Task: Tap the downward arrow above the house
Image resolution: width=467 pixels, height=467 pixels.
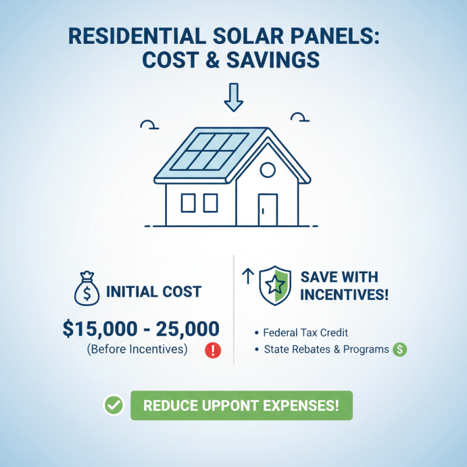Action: coord(233,97)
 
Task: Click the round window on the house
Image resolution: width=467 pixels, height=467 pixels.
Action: coord(267,170)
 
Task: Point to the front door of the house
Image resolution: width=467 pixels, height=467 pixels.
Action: coord(267,209)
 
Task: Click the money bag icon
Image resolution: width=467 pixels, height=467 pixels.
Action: coord(87,290)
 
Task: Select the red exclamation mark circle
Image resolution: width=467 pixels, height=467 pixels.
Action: coord(213,350)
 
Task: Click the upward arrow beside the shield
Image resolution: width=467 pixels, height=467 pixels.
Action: coord(246,277)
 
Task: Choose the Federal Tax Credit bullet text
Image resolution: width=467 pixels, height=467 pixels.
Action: coord(305,333)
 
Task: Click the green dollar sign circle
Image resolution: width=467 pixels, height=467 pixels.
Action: coord(400,350)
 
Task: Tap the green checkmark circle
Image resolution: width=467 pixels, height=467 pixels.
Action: coord(113,405)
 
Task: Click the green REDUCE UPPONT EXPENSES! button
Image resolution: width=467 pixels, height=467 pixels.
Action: coord(241,405)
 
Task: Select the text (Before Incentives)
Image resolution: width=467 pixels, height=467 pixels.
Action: coord(137,350)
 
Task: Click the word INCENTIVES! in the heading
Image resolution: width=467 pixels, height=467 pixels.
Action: coord(344,294)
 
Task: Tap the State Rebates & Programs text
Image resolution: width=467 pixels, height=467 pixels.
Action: coord(326,350)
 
